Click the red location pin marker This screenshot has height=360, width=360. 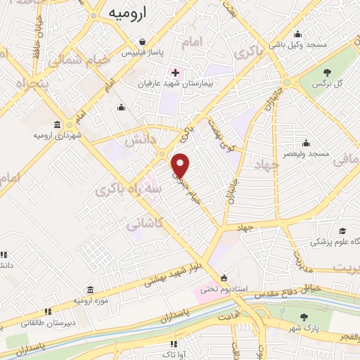tap(181, 165)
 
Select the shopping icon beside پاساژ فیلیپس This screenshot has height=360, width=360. tap(143, 41)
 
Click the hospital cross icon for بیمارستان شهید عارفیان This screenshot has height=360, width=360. tap(175, 72)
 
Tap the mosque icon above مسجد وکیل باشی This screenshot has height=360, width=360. tap(298, 34)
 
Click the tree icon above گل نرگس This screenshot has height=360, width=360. tap(328, 72)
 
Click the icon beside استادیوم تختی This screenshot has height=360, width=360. tap(224, 276)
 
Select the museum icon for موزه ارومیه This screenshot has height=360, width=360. tap(90, 290)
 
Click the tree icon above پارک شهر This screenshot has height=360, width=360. tap(303, 318)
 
